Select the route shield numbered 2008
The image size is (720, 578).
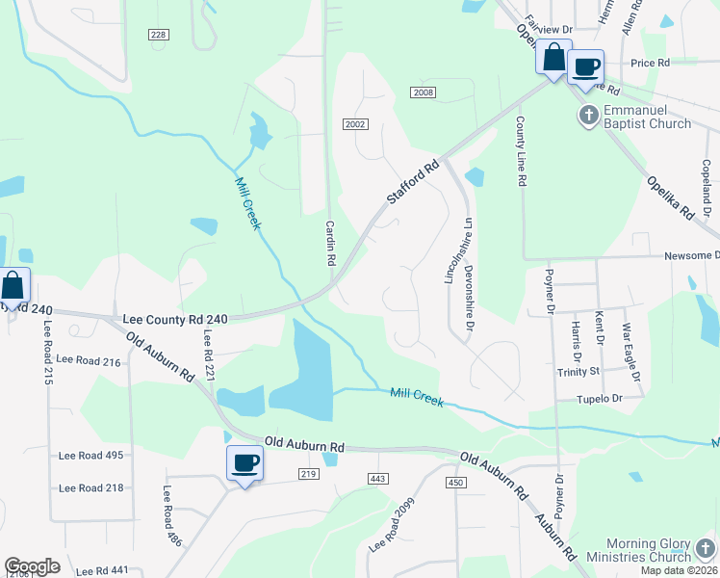[423, 92]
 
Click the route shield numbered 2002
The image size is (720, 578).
[355, 124]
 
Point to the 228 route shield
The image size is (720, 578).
[159, 35]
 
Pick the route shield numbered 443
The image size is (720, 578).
[376, 479]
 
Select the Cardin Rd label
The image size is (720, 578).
[329, 244]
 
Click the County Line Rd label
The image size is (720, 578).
[521, 151]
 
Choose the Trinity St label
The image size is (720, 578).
[578, 371]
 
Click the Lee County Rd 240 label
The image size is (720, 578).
[173, 319]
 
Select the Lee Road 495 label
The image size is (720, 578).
[91, 456]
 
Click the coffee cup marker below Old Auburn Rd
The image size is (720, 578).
[244, 463]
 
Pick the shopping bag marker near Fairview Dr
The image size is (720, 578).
[554, 57]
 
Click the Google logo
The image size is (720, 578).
[33, 566]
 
